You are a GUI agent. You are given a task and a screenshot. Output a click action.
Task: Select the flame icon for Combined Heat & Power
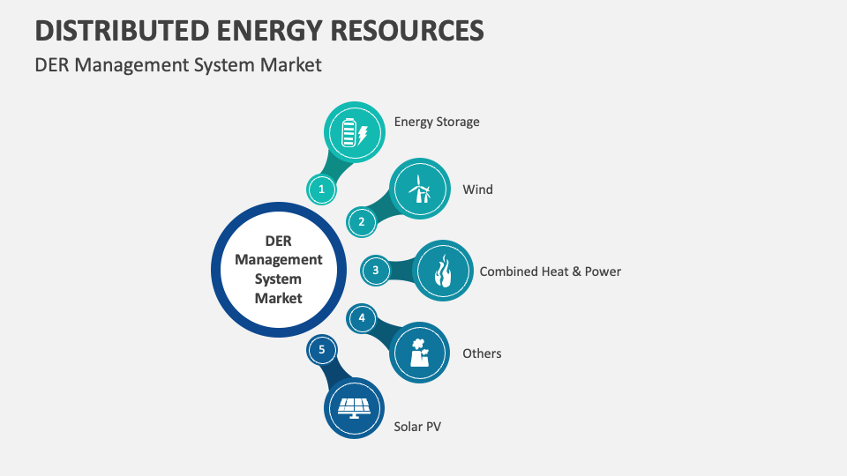[443, 271]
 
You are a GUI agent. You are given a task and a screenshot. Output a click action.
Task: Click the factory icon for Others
[419, 352]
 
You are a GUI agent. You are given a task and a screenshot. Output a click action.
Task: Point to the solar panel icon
[354, 407]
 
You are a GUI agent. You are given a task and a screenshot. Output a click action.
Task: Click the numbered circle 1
[322, 189]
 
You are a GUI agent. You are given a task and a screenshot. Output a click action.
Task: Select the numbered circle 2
[361, 221]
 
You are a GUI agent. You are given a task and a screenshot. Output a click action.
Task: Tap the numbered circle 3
[376, 271]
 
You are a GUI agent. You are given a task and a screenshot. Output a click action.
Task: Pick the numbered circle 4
[361, 318]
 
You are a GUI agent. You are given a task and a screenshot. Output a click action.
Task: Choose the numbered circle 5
[322, 350]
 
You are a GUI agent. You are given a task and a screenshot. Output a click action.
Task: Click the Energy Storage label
[437, 122]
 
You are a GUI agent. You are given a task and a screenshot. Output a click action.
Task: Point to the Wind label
[477, 190]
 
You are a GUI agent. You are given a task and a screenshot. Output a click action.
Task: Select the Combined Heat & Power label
[550, 271]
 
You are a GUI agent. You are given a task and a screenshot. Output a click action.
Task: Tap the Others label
[482, 353]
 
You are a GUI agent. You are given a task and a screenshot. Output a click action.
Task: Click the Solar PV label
[417, 427]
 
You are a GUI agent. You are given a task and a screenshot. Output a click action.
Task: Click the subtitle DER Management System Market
[178, 65]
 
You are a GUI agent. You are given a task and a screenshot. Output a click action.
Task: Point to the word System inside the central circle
[278, 279]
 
